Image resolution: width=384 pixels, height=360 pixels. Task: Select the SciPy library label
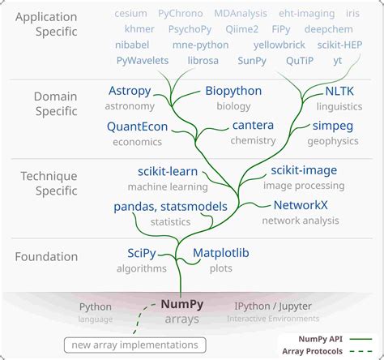point(147,253)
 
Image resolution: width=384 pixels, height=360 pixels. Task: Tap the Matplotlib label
point(220,253)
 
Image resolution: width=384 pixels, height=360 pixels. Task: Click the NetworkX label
point(301,205)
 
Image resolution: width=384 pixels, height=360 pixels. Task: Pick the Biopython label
point(233,91)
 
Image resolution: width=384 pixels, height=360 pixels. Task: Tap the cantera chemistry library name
point(253,126)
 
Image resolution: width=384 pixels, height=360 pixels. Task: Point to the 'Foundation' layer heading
point(46,257)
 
